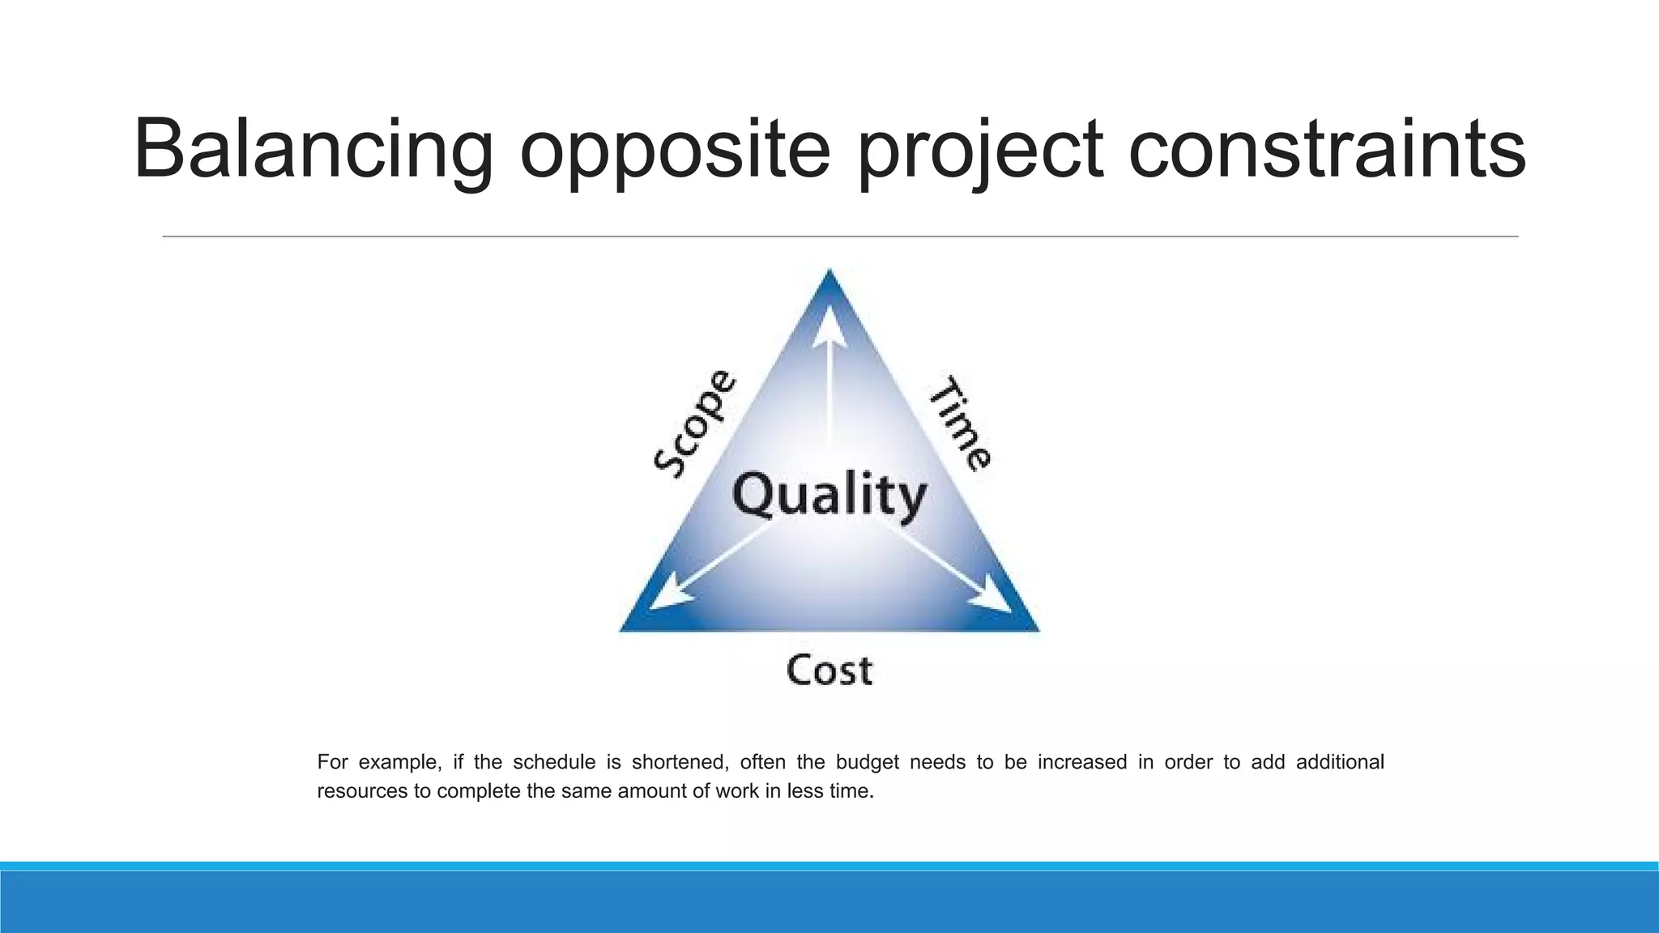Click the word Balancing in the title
(313, 150)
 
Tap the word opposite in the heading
(675, 150)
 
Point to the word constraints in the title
(1326, 150)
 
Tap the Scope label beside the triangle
(695, 423)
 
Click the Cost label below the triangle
(829, 671)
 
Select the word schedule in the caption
(554, 762)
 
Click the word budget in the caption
(867, 762)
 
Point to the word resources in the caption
(362, 791)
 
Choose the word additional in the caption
(1340, 762)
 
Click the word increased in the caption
(1082, 762)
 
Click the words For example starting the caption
(378, 762)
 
